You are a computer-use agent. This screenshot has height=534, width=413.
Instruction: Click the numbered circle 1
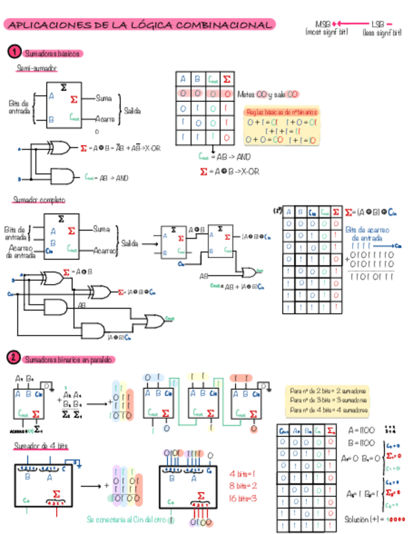[14, 52]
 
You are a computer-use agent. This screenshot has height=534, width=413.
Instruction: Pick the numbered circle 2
[14, 358]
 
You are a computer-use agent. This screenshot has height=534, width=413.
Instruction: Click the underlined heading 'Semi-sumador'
[37, 67]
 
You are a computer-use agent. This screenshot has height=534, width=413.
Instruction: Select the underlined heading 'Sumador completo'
[40, 200]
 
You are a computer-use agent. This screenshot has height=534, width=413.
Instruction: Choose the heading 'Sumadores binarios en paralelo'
[68, 359]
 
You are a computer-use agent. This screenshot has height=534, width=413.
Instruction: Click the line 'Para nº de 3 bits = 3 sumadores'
[329, 400]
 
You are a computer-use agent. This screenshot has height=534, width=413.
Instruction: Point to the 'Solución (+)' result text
[375, 519]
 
